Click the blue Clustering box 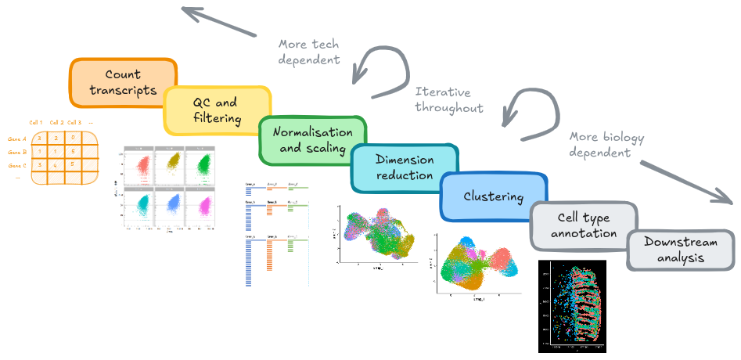click(x=493, y=196)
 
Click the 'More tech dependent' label click(x=309, y=51)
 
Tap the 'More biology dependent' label click(x=606, y=145)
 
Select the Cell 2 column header click(x=56, y=122)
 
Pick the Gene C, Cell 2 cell click(x=56, y=164)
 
